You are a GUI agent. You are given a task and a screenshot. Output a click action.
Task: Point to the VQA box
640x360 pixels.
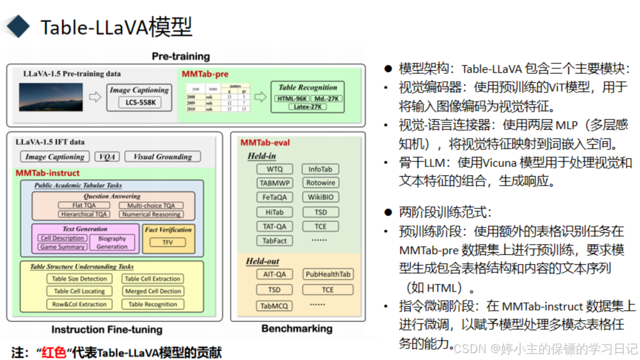point(107,156)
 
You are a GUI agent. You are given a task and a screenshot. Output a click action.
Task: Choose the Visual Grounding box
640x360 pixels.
point(162,156)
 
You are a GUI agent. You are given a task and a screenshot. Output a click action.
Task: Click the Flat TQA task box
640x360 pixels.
point(84,205)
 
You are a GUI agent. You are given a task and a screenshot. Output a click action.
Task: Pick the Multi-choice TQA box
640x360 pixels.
point(151,205)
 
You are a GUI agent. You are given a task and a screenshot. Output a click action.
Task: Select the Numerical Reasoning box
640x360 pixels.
point(151,214)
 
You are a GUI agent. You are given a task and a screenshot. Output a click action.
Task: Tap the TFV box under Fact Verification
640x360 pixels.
point(167,242)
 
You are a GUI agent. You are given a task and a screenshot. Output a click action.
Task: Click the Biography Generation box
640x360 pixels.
point(112,243)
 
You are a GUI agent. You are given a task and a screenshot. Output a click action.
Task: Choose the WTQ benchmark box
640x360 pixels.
point(275,169)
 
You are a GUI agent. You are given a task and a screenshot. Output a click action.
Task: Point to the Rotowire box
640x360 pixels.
point(321,183)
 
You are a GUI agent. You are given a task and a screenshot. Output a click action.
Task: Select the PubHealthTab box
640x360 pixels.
point(328,274)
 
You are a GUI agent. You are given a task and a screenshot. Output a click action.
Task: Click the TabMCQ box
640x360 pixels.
point(275,306)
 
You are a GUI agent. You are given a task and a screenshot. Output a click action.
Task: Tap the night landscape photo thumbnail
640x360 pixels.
point(51,97)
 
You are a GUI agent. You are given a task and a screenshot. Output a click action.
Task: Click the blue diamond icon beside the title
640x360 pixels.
point(15,26)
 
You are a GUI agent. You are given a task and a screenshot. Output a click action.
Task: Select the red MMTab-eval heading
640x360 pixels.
point(264,142)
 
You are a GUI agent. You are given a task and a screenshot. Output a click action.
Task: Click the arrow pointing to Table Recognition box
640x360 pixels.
point(260,97)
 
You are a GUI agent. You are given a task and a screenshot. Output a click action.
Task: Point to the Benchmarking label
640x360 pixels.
point(296,329)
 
